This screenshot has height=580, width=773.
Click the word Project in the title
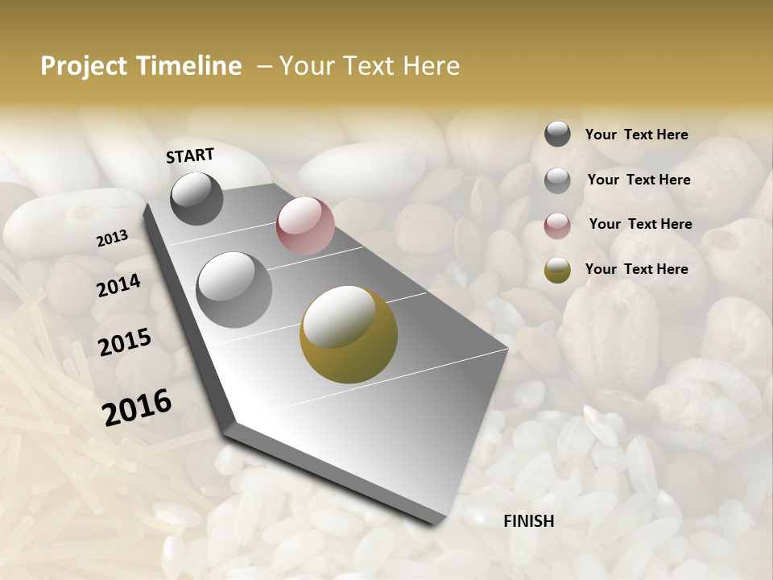click(x=84, y=66)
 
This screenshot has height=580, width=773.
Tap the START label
click(x=190, y=155)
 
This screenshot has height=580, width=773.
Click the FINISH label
click(x=528, y=521)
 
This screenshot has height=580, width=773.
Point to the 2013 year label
click(x=113, y=238)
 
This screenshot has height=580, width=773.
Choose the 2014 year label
click(x=119, y=285)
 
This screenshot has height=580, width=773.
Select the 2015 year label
click(x=125, y=342)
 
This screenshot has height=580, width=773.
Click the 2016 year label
click(x=137, y=407)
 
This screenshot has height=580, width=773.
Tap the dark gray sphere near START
click(x=196, y=199)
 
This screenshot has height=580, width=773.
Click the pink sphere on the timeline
click(x=305, y=226)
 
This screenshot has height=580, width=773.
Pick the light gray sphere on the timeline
click(x=234, y=290)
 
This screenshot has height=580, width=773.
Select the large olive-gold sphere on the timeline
click(x=349, y=334)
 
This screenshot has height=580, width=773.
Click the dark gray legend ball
click(x=557, y=134)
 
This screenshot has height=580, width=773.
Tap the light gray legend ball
click(x=557, y=180)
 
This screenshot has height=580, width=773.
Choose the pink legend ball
click(x=557, y=226)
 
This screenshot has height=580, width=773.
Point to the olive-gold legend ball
click(x=557, y=270)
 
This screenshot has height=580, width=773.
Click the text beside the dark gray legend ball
click(x=636, y=135)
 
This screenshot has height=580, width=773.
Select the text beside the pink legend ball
click(x=640, y=224)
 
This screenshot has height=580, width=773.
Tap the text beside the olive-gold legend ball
click(x=636, y=269)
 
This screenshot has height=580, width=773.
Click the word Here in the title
click(x=431, y=66)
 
